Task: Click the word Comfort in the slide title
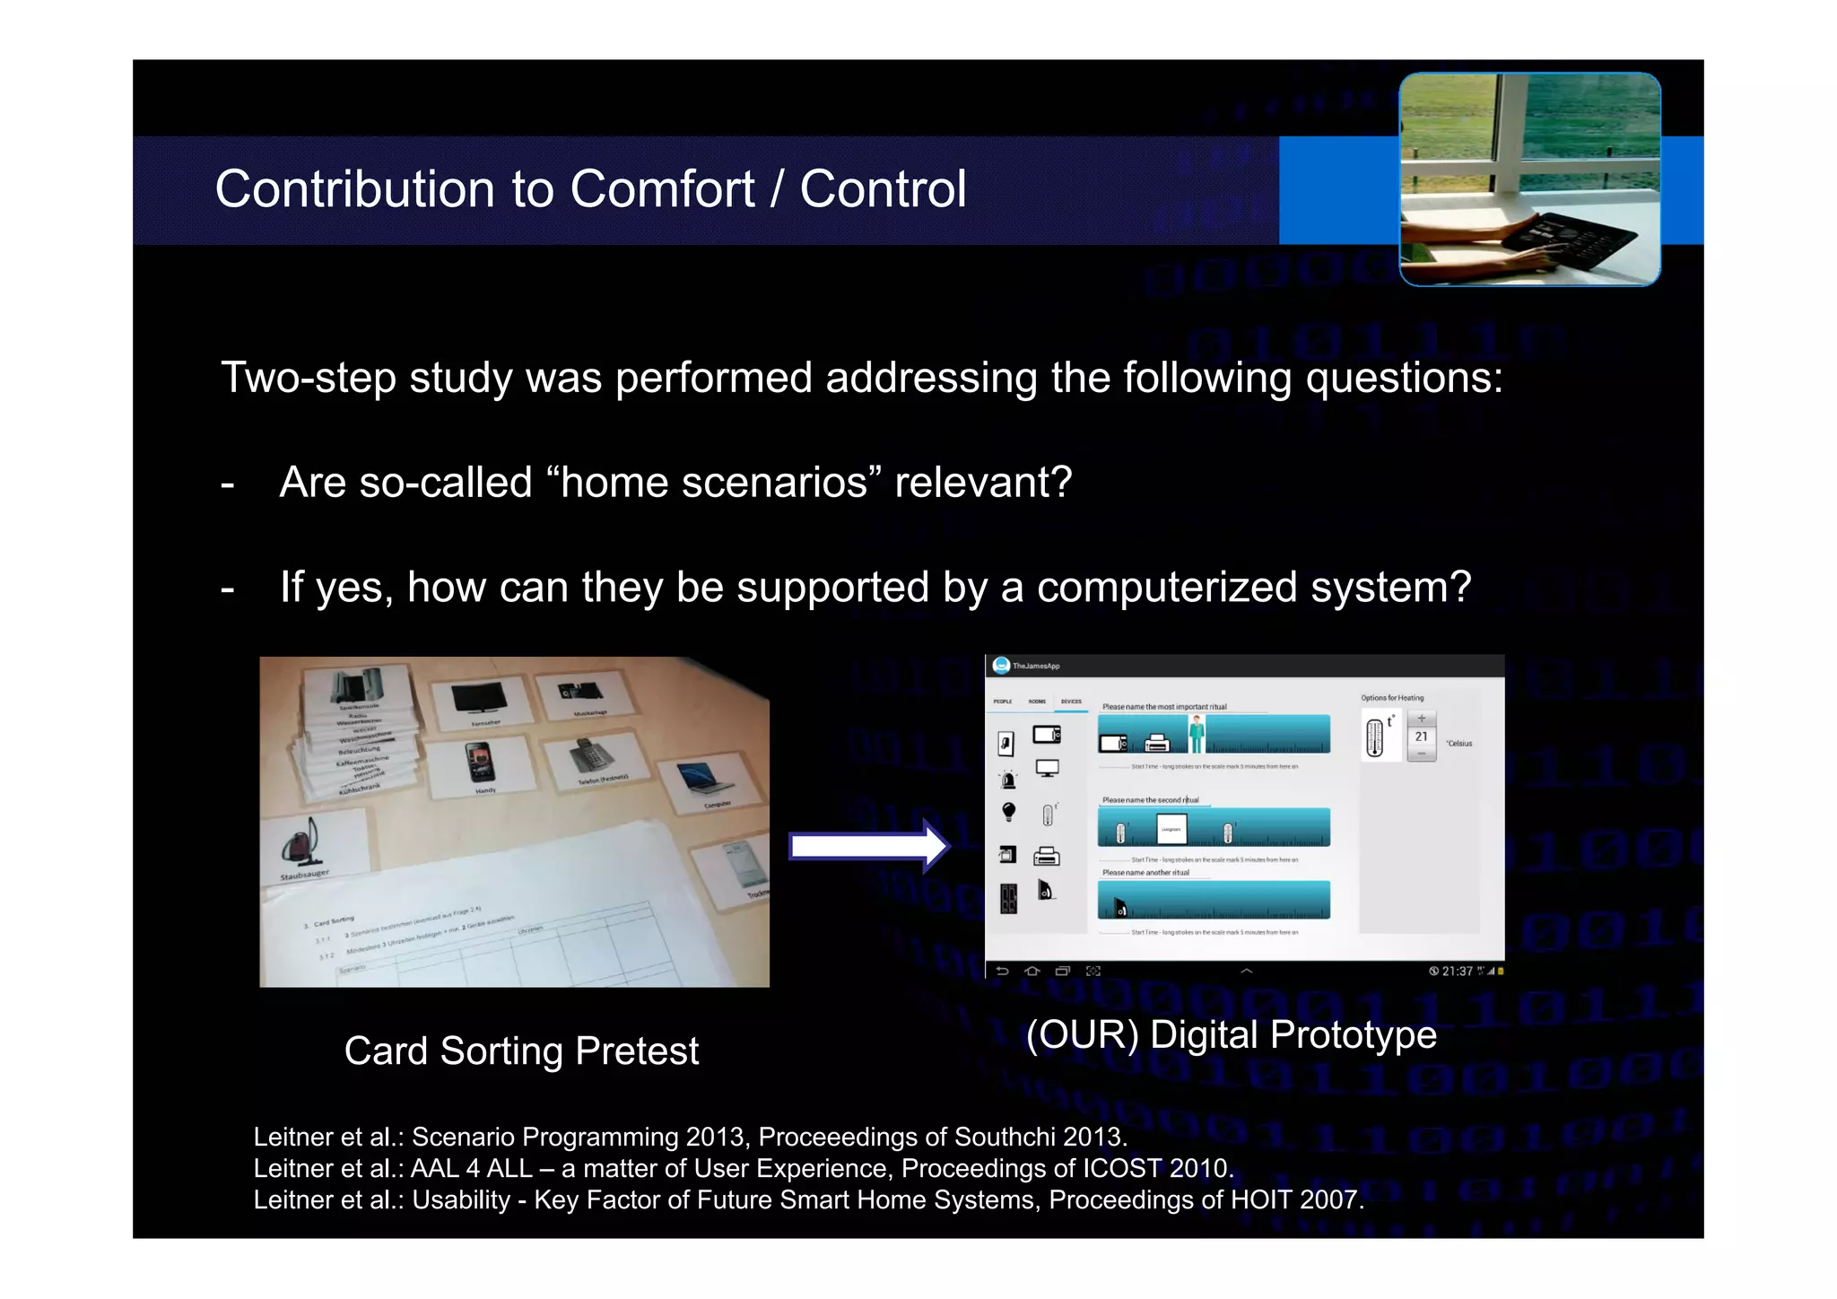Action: click(662, 189)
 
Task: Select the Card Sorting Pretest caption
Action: click(521, 1051)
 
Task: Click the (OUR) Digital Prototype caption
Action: click(1231, 1034)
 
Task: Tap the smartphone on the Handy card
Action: click(481, 763)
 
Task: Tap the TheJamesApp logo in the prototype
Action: click(1002, 666)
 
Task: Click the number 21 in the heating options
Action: click(1421, 737)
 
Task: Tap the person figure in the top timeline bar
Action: click(1197, 733)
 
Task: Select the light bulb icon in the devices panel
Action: click(1008, 812)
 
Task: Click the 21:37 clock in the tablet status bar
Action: click(1457, 971)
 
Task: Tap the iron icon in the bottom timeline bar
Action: click(1120, 909)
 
